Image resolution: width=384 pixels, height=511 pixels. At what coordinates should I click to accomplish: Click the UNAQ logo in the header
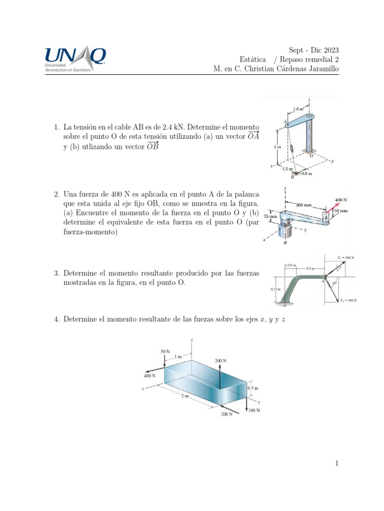[75, 59]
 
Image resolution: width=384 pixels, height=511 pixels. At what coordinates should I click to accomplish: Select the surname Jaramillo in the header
[321, 68]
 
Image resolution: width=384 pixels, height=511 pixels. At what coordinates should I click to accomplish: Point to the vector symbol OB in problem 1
[152, 146]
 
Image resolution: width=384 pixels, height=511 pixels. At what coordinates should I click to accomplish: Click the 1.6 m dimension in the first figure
[298, 108]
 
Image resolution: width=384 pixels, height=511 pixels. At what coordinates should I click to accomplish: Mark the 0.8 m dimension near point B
[306, 174]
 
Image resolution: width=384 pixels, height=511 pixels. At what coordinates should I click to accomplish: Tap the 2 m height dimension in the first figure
[277, 148]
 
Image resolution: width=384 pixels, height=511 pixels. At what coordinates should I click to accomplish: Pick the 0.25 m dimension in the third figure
[275, 288]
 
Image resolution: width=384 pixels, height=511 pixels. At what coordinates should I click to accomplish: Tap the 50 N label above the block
[165, 351]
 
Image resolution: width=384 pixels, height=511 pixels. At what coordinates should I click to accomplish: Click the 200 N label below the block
[227, 414]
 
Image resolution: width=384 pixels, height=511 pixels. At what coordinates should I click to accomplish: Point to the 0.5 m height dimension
[253, 388]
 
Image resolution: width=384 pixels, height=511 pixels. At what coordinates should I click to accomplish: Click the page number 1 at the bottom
[337, 464]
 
